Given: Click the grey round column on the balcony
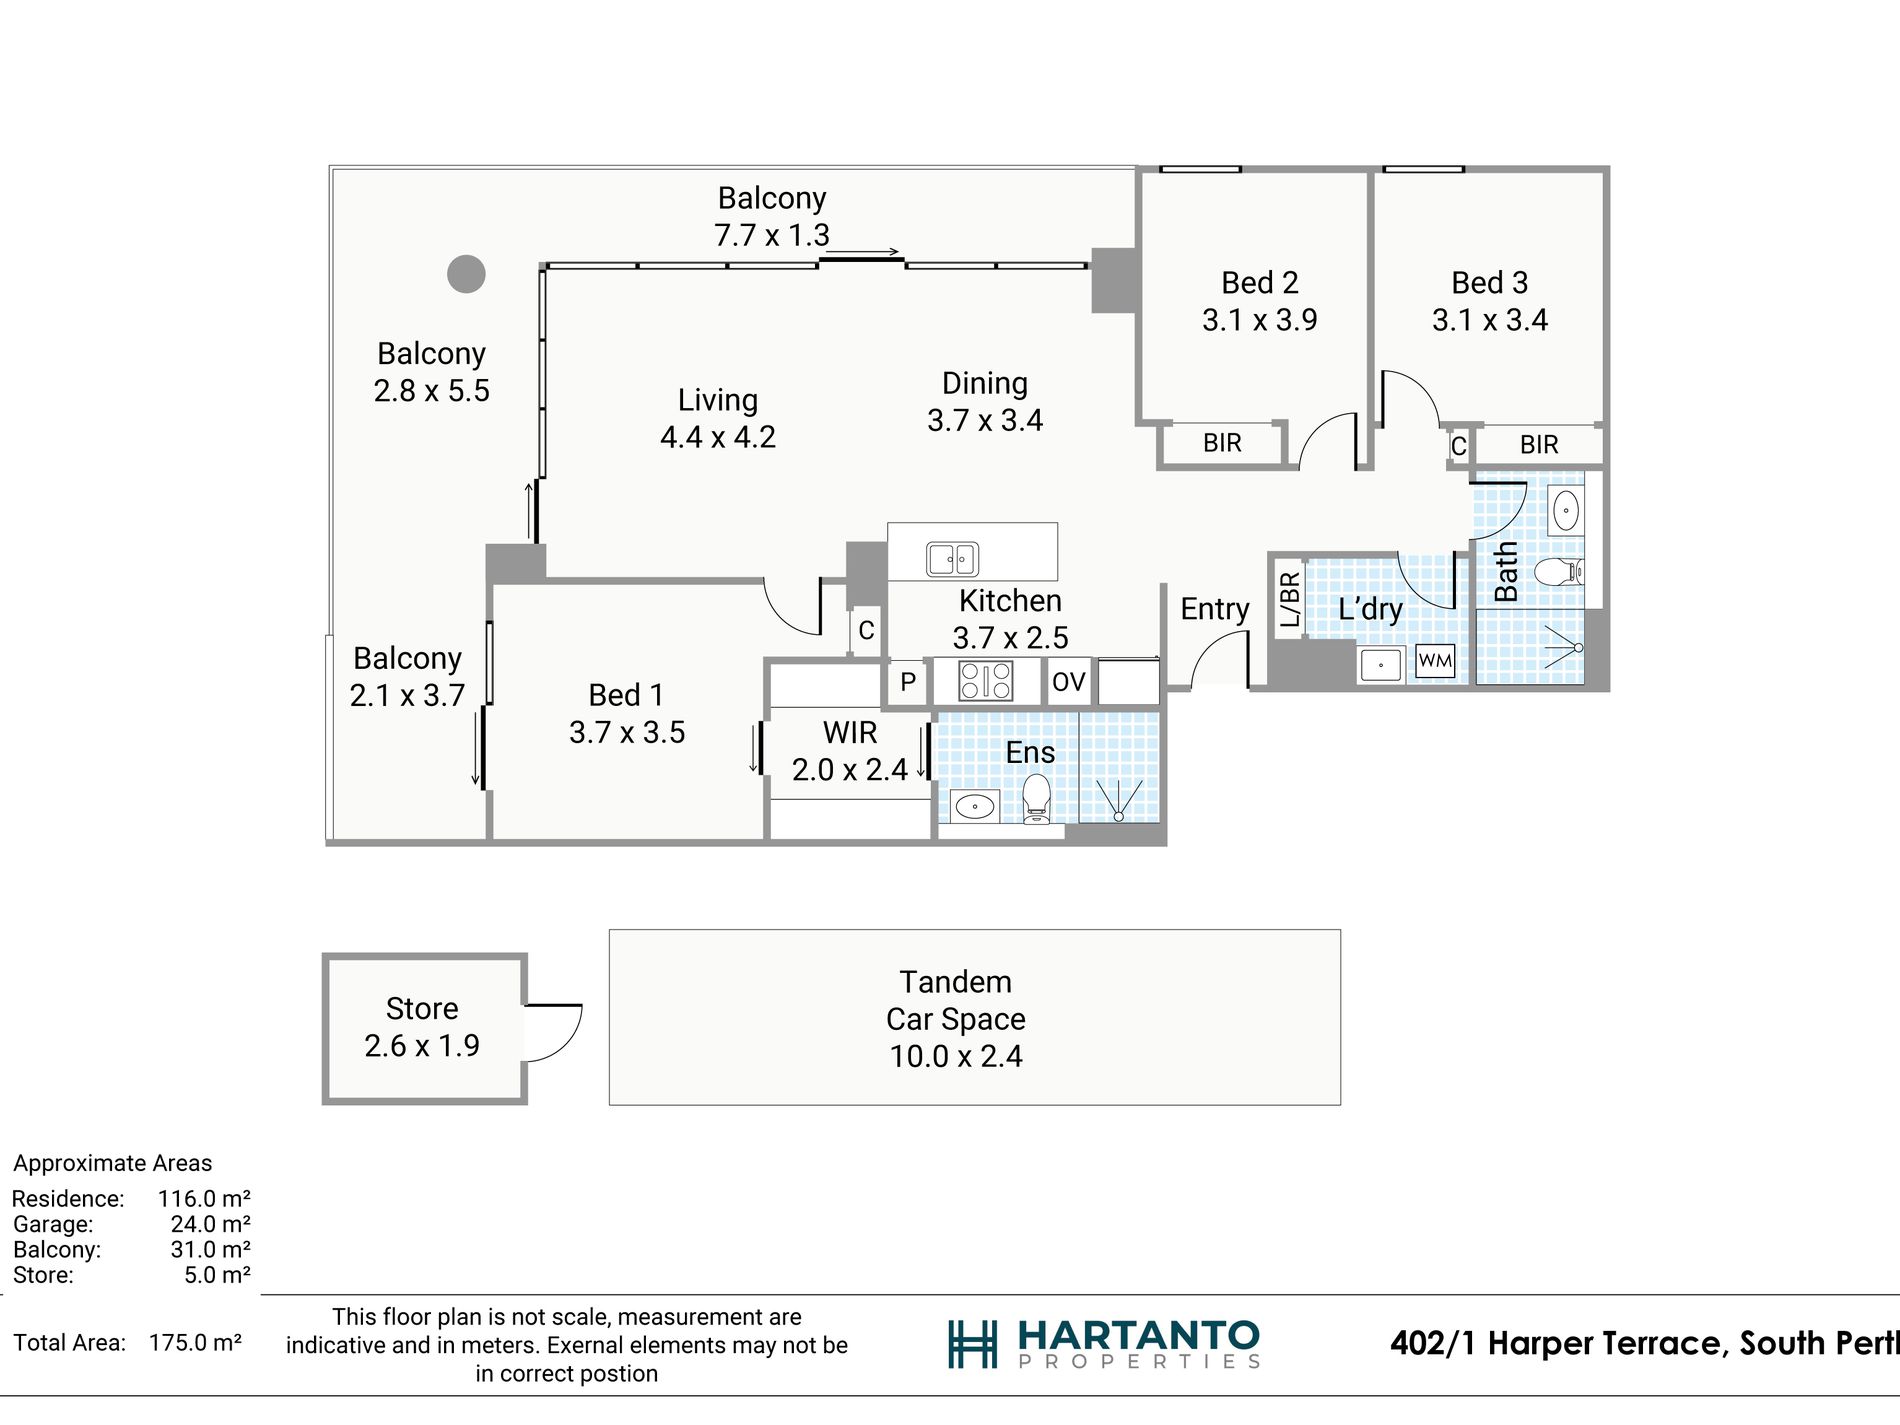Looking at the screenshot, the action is pos(466,273).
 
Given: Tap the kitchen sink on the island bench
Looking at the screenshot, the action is pos(952,558).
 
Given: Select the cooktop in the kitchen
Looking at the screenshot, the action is pos(986,681).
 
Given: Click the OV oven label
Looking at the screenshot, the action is pos(1068,682).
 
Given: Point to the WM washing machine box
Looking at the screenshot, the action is pos(1435,660).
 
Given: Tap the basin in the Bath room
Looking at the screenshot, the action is pos(1565,510).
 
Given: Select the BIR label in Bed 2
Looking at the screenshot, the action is pos(1222,443).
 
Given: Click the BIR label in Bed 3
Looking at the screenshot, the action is pos(1539,445).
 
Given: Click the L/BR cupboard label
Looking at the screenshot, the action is pos(1289,599).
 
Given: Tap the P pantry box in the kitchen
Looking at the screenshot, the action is pos(908,682).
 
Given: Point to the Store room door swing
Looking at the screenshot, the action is pos(553,1032).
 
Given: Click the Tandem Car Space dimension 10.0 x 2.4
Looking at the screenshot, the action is pos(956,1056).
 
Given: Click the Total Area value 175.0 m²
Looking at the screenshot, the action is pos(195,1342).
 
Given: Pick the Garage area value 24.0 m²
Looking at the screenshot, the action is pos(210,1224).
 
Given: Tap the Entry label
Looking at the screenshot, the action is pos(1215,609).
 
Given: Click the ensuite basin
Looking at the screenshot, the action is pos(974,805).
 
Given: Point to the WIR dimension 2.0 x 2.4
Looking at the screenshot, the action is pos(850,769).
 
